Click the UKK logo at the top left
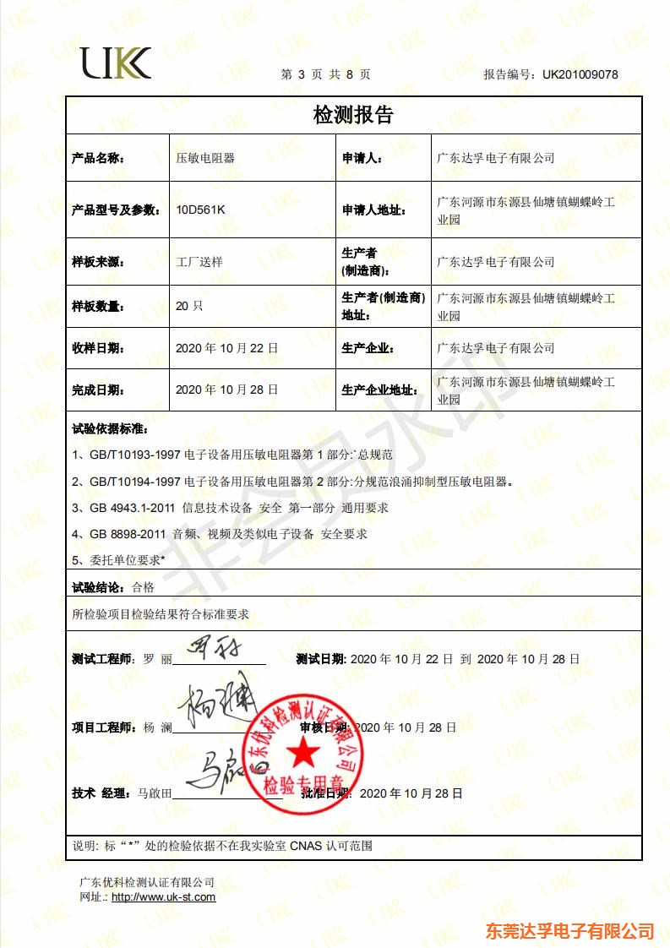pyautogui.click(x=116, y=63)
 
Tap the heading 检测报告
pyautogui.click(x=353, y=115)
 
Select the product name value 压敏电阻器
pyautogui.click(x=205, y=158)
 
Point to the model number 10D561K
pyautogui.click(x=200, y=210)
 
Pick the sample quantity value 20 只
pyautogui.click(x=189, y=306)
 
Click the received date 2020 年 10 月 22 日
pyautogui.click(x=226, y=348)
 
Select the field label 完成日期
pyautogui.click(x=98, y=390)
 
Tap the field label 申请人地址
pyautogui.click(x=372, y=210)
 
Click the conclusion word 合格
pyautogui.click(x=144, y=587)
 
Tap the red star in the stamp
pyautogui.click(x=299, y=750)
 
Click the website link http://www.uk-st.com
pyautogui.click(x=163, y=897)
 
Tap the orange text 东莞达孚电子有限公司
pyautogui.click(x=571, y=931)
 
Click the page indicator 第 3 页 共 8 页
pyautogui.click(x=325, y=74)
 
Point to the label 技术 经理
pyautogui.click(x=100, y=793)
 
